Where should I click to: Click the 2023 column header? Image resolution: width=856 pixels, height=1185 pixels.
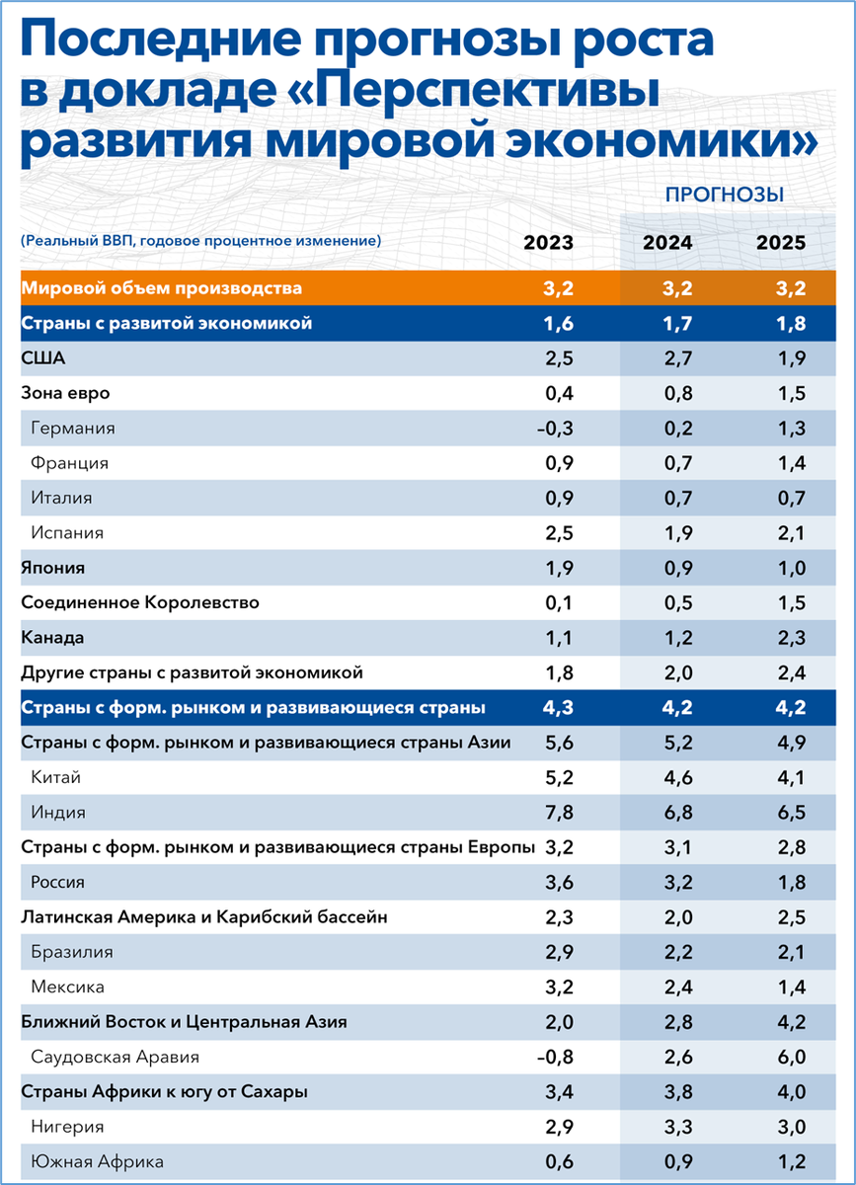[x=548, y=243]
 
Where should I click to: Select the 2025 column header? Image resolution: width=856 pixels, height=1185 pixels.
[x=781, y=243]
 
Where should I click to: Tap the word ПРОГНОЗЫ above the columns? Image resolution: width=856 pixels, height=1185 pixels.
[x=725, y=195]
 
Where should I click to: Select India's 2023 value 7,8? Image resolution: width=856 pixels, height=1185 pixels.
[x=559, y=813]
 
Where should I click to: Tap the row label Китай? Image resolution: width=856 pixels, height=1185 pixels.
[x=55, y=777]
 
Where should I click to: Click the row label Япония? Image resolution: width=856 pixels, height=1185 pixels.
[x=52, y=568]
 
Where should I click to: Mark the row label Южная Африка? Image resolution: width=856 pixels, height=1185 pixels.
[x=97, y=1162]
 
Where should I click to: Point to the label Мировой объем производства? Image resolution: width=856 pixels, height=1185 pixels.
[x=161, y=288]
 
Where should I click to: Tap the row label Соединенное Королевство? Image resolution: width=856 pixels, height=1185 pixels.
[x=139, y=602]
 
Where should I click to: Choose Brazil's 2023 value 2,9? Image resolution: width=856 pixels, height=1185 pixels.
[x=559, y=952]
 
